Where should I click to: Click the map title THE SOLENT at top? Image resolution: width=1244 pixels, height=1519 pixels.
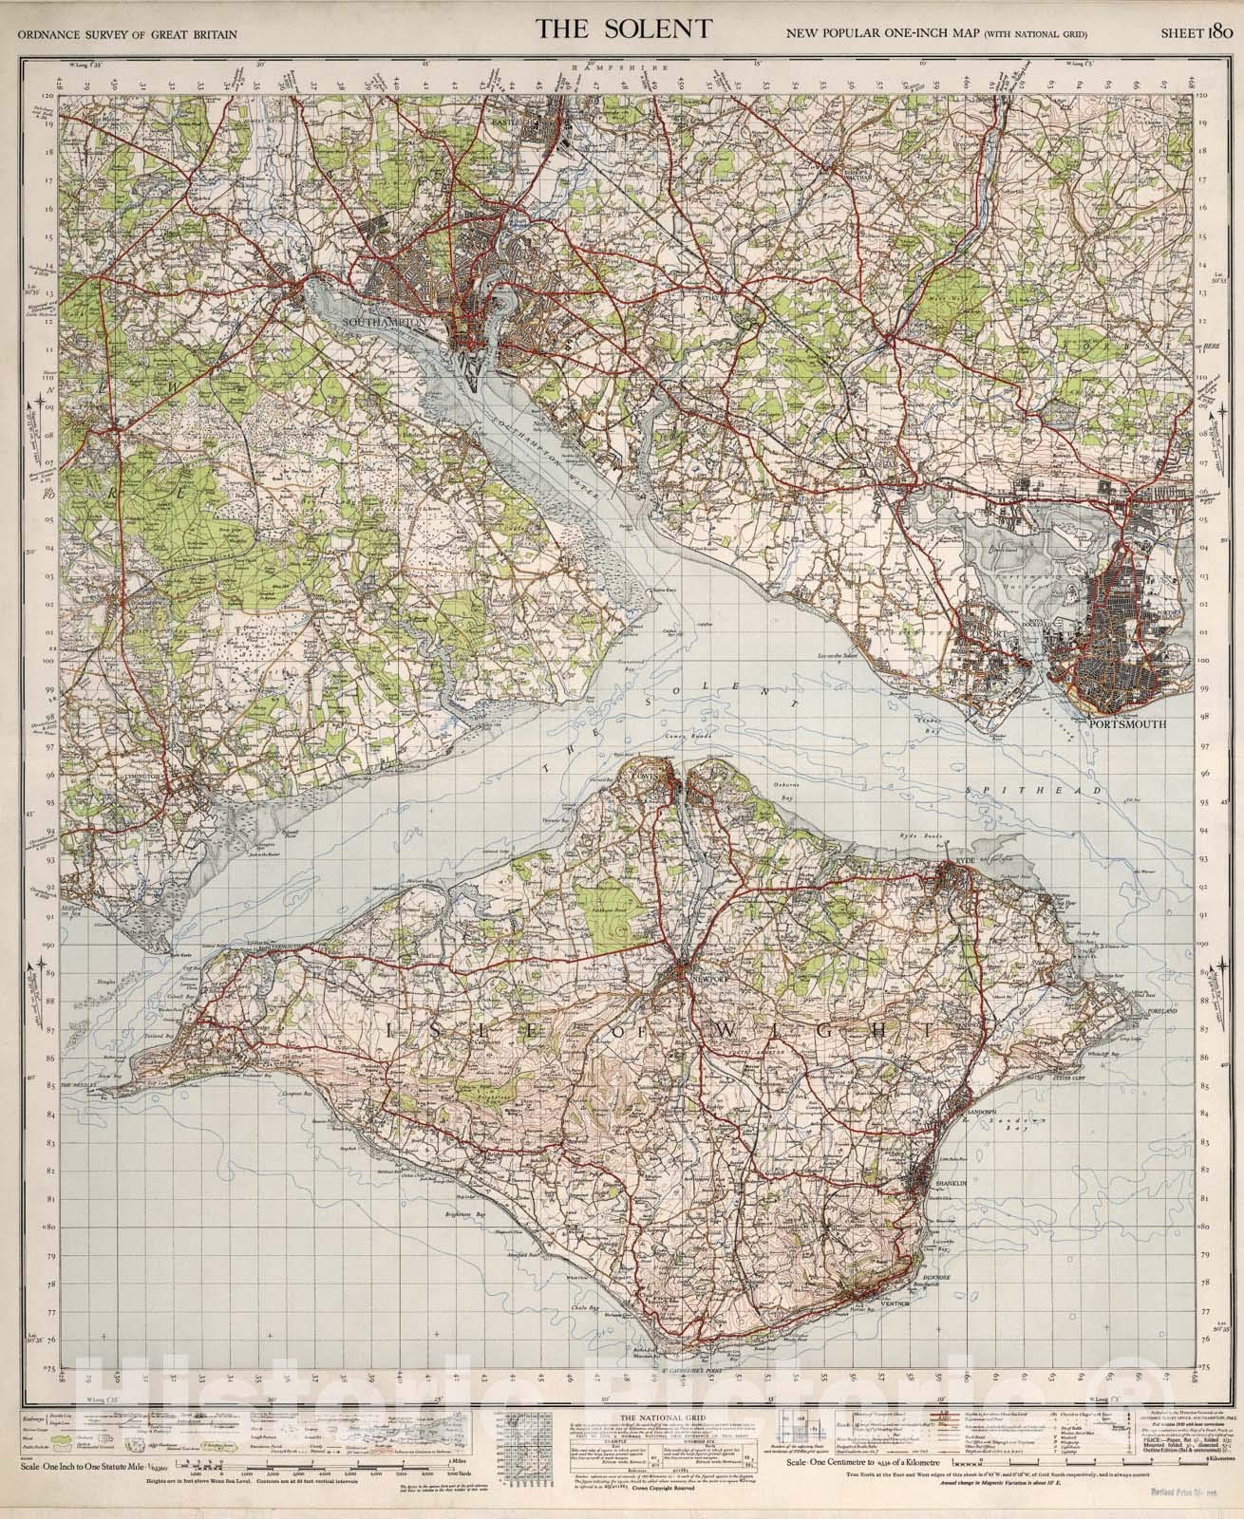[623, 28]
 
